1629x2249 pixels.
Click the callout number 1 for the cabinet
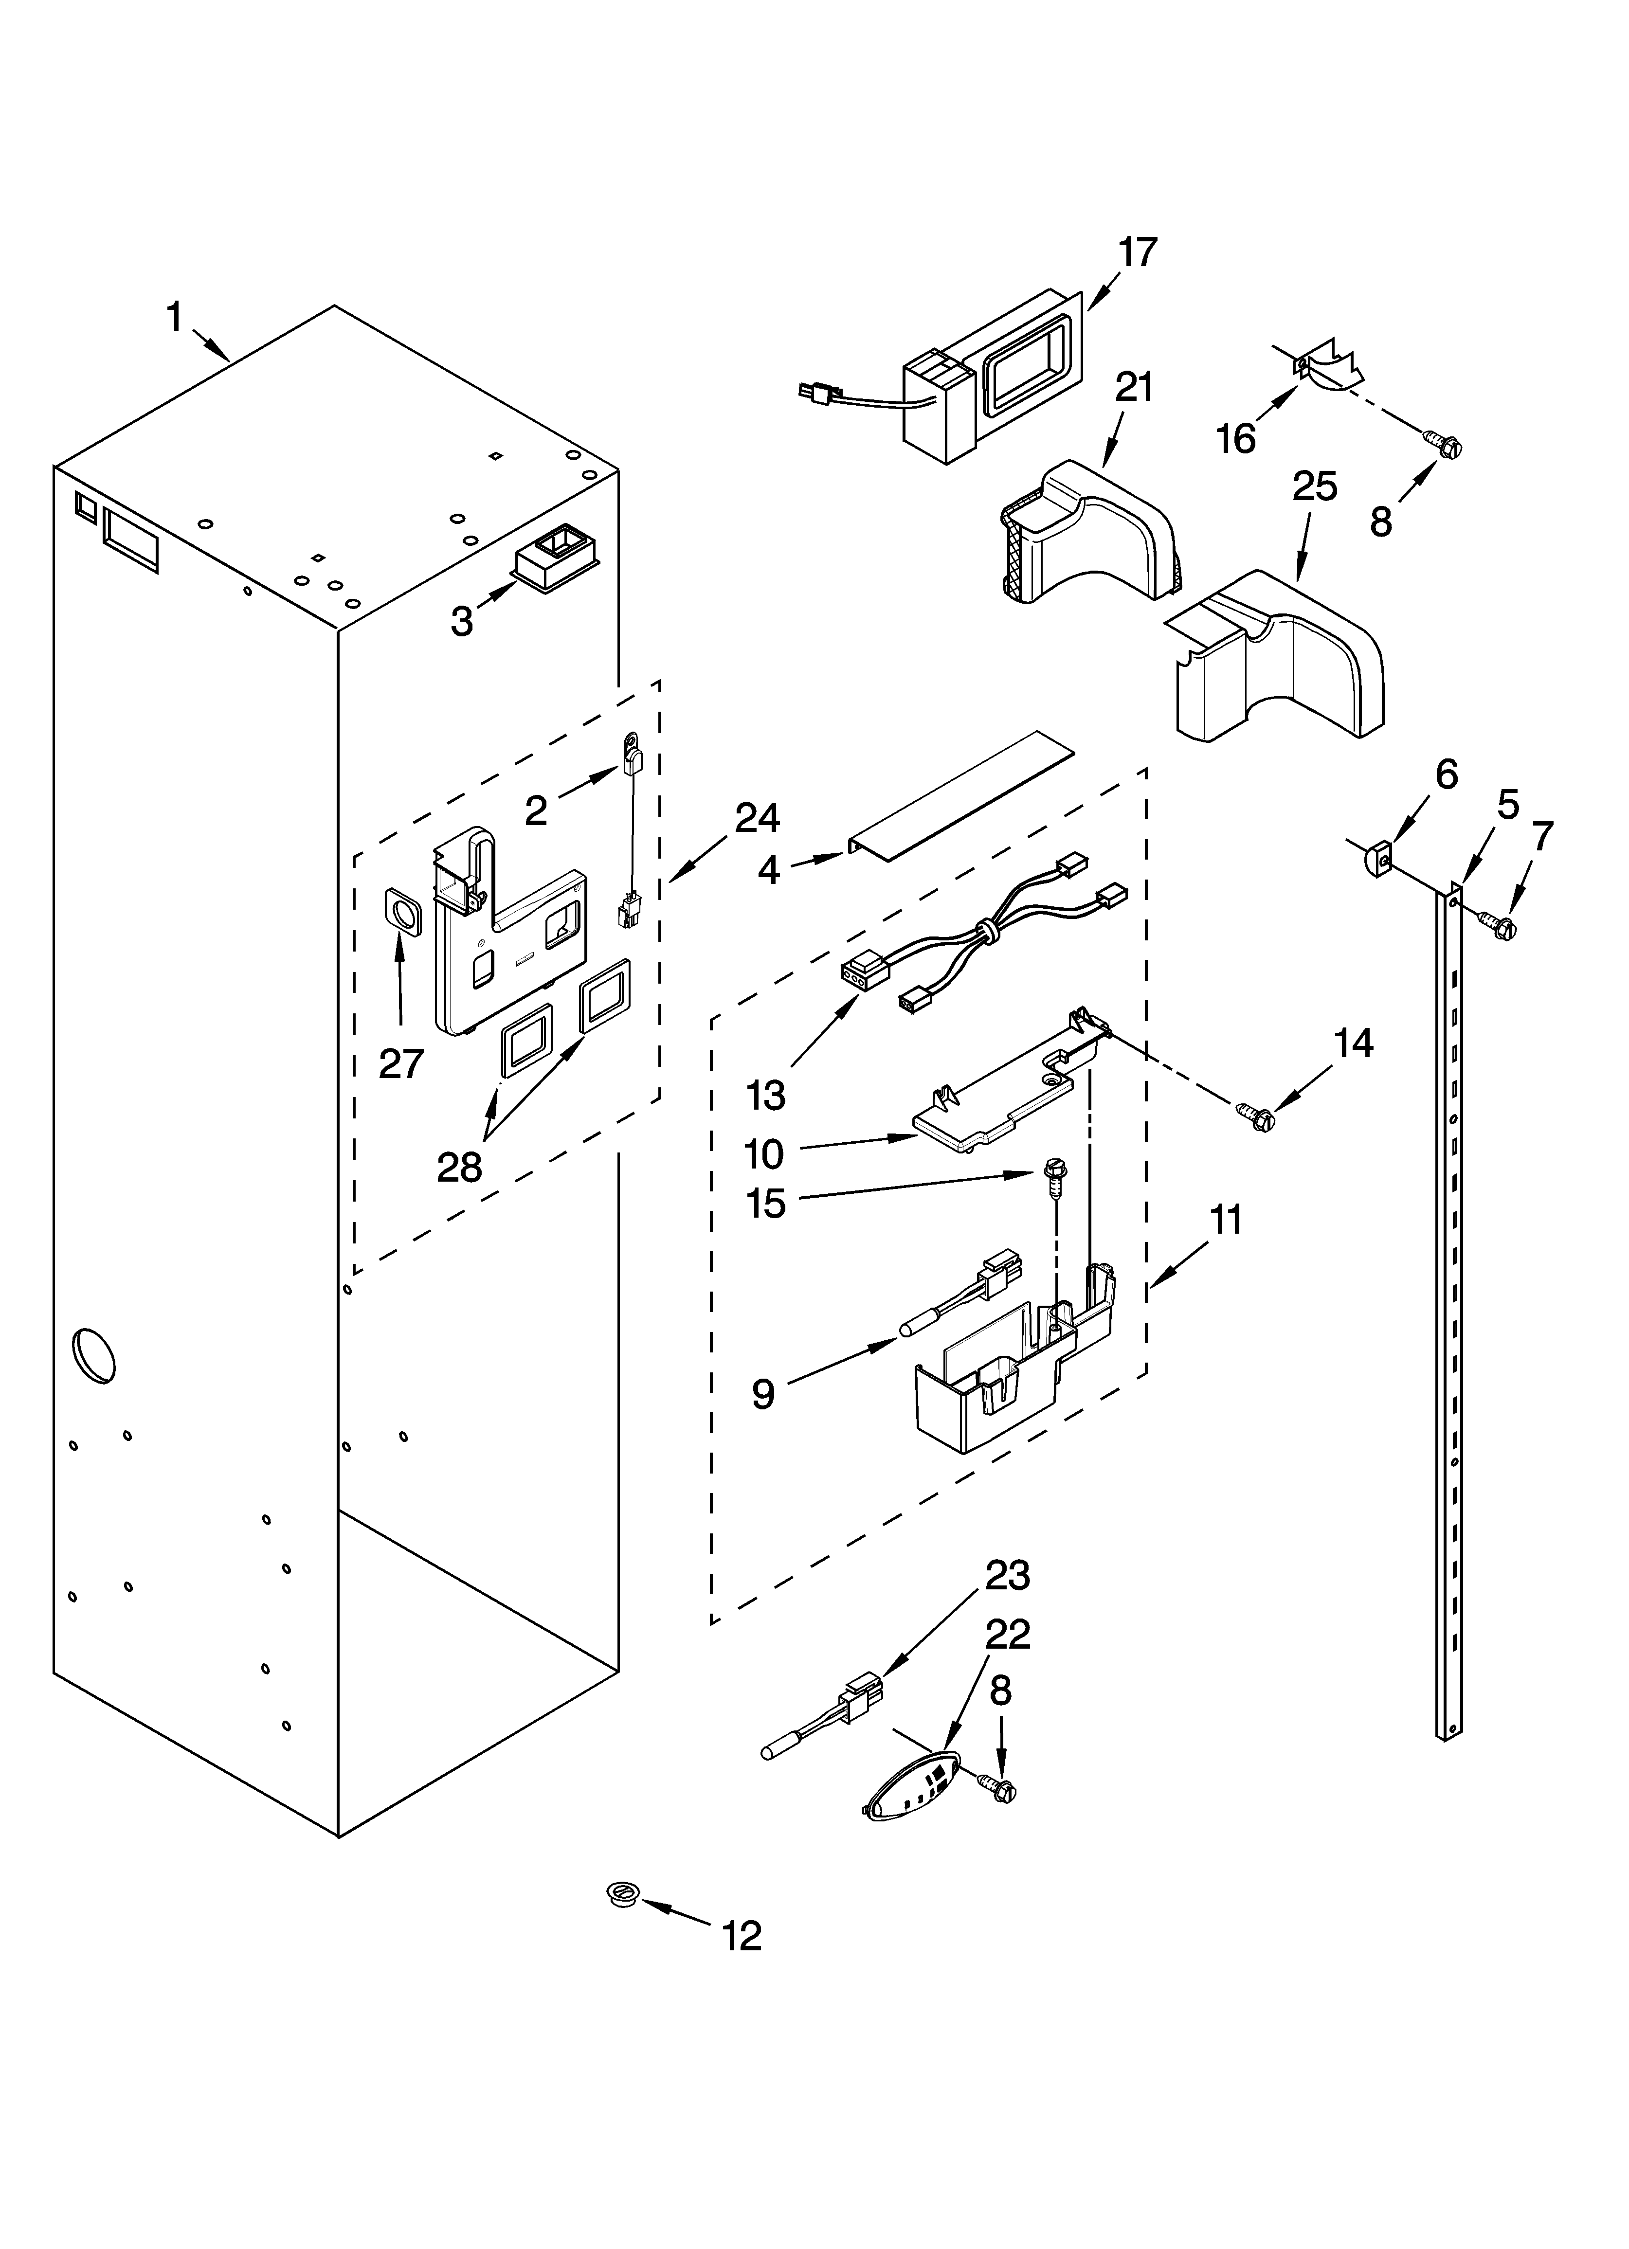[175, 318]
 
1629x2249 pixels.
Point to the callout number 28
[459, 1167]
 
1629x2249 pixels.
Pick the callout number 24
[757, 818]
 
